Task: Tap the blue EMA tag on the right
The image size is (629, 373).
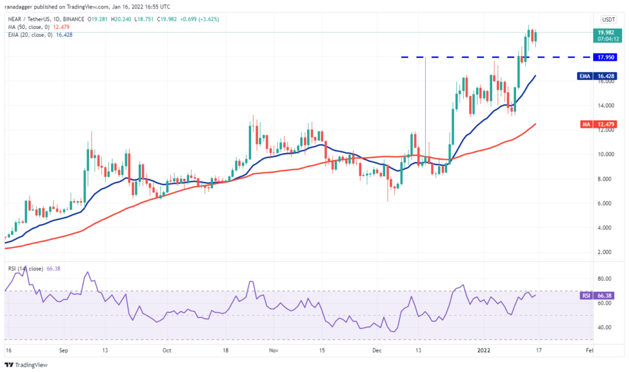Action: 587,76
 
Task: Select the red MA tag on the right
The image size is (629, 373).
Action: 587,124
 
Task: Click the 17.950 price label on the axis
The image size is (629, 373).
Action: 608,57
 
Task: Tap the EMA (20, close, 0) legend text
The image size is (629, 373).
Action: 30,34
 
